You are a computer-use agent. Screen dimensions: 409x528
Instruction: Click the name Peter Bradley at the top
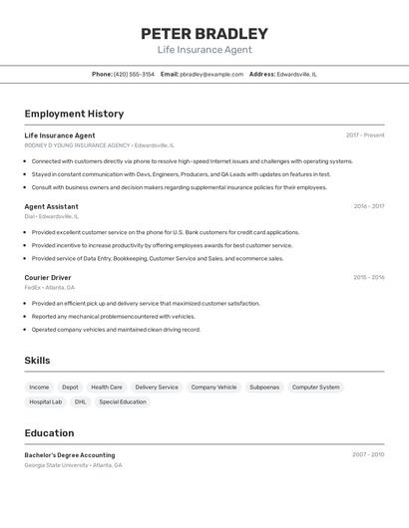pyautogui.click(x=204, y=33)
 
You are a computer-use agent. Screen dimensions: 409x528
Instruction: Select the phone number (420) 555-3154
pyautogui.click(x=134, y=74)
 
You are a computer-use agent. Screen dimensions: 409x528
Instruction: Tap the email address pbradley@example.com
pyautogui.click(x=211, y=74)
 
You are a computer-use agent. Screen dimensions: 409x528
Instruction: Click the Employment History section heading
pyautogui.click(x=74, y=114)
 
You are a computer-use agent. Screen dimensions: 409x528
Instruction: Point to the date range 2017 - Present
pyautogui.click(x=365, y=134)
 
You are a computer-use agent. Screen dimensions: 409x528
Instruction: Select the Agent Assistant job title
pyautogui.click(x=51, y=206)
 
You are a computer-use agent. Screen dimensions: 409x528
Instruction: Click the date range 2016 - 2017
pyautogui.click(x=368, y=206)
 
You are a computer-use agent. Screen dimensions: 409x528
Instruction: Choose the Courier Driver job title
pyautogui.click(x=48, y=277)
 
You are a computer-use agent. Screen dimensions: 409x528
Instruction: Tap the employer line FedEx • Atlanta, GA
pyautogui.click(x=49, y=287)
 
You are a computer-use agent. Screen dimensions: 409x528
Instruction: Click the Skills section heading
pyautogui.click(x=37, y=361)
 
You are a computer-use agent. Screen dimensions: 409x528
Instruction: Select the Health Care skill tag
pyautogui.click(x=107, y=387)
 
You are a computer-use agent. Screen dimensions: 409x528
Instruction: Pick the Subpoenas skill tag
pyautogui.click(x=264, y=387)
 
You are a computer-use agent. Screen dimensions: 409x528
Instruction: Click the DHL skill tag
pyautogui.click(x=81, y=401)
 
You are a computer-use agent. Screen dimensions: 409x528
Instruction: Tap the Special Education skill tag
pyautogui.click(x=123, y=401)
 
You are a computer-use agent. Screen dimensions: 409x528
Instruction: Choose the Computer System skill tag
pyautogui.click(x=316, y=387)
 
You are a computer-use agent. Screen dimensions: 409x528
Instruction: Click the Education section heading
pyautogui.click(x=49, y=433)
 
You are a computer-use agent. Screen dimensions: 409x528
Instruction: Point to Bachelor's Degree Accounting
pyautogui.click(x=70, y=454)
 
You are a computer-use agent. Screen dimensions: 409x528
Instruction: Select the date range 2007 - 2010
pyautogui.click(x=368, y=454)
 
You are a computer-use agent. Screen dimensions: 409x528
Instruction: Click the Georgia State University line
pyautogui.click(x=73, y=465)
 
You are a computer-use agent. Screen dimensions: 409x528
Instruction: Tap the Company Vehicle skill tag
pyautogui.click(x=213, y=387)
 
